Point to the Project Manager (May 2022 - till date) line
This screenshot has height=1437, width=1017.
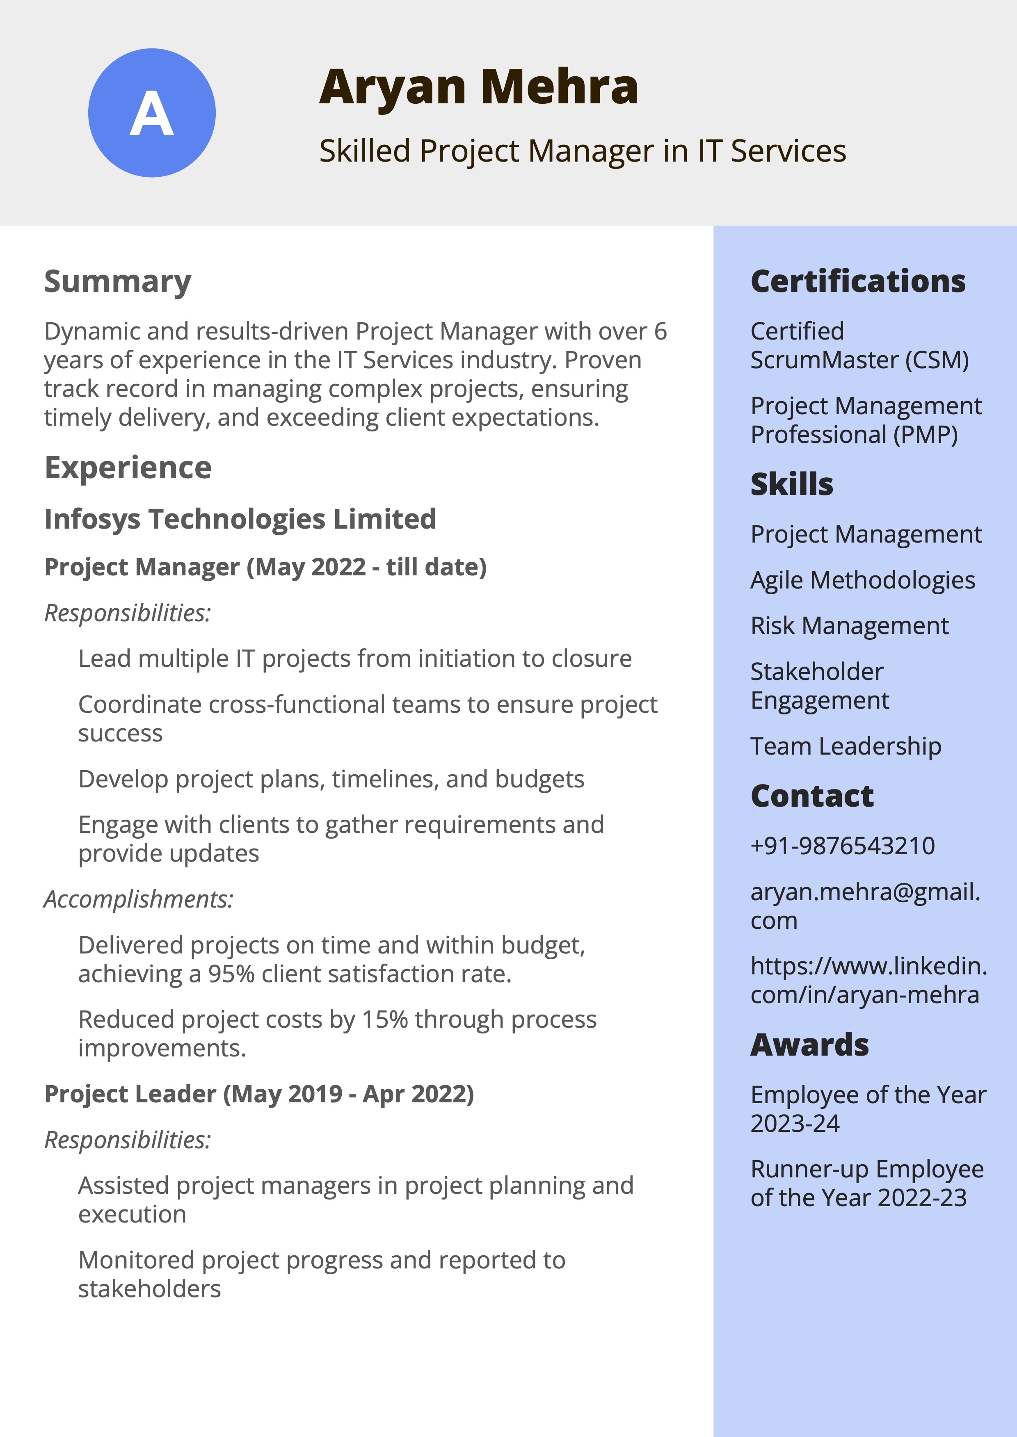tap(265, 567)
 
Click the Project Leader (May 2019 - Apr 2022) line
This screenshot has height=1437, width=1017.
tap(258, 1094)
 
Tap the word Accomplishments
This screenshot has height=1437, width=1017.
tap(138, 899)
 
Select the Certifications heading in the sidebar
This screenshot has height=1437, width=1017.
tap(857, 282)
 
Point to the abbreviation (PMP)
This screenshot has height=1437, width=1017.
tap(926, 434)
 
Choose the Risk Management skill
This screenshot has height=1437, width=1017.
tap(849, 626)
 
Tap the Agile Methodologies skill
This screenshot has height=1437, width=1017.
tap(862, 580)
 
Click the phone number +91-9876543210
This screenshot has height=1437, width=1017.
tap(842, 846)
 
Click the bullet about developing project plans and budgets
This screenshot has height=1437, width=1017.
tap(331, 779)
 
